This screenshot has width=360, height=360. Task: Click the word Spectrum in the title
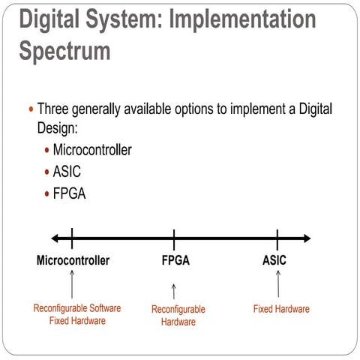[x=64, y=51]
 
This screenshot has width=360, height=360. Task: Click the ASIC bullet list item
[x=67, y=172]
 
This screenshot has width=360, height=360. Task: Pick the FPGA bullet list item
[x=69, y=193]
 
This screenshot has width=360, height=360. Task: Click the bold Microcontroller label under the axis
[x=73, y=261]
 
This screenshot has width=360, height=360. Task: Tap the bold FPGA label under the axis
[x=175, y=261]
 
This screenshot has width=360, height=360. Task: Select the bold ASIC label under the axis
[x=274, y=261]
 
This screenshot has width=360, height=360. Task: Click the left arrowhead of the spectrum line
[x=55, y=238]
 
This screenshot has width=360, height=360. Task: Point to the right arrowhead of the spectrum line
[x=305, y=238]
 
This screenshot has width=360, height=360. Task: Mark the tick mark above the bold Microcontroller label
[x=72, y=238]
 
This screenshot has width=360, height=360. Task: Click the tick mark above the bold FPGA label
[x=174, y=238]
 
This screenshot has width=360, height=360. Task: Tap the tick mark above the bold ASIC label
[x=277, y=238]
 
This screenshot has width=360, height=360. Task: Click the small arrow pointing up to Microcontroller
[x=72, y=284]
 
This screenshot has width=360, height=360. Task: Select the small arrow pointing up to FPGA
[x=173, y=291]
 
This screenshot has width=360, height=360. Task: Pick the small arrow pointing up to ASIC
[x=277, y=283]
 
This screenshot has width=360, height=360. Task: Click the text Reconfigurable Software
[x=77, y=308]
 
